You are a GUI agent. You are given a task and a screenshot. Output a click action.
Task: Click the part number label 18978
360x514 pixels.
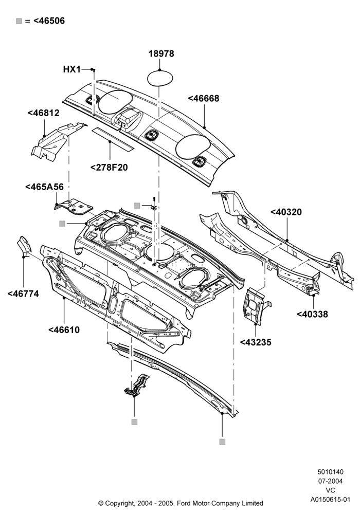(x=161, y=53)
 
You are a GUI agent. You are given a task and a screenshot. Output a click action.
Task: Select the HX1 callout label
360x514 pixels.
(x=72, y=69)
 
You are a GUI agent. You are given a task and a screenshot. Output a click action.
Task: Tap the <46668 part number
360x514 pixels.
(x=204, y=98)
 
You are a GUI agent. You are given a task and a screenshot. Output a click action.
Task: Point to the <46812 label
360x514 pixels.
(x=44, y=113)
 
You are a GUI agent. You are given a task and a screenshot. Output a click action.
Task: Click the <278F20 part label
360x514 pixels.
(x=109, y=167)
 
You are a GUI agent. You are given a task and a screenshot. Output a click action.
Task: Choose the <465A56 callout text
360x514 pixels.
(x=44, y=187)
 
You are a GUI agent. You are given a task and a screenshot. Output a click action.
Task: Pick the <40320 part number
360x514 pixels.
(x=286, y=212)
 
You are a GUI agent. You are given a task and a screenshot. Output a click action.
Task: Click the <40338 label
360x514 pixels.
(x=312, y=314)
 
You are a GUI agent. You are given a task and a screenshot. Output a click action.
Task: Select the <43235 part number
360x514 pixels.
(x=256, y=342)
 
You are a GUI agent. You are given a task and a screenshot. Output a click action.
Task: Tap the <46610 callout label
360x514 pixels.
(x=64, y=330)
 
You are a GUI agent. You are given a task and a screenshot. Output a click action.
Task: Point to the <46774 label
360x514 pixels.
(x=23, y=293)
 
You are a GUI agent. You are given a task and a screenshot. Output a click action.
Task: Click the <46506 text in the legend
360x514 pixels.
(x=49, y=21)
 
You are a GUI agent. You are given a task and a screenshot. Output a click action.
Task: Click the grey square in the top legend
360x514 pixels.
(x=19, y=21)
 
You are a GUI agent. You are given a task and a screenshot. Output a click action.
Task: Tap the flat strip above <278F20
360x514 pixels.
(x=113, y=139)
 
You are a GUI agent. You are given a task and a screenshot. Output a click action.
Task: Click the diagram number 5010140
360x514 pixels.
(x=331, y=472)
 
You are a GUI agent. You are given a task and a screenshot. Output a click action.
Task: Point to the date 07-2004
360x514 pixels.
(x=331, y=481)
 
